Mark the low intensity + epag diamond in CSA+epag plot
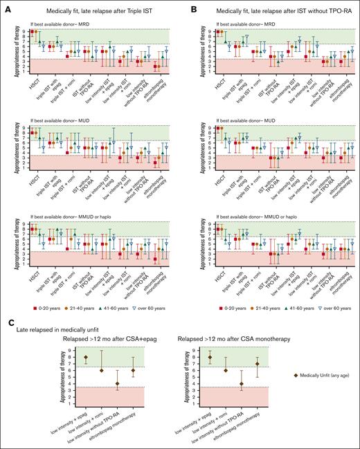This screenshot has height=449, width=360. (x=86, y=358)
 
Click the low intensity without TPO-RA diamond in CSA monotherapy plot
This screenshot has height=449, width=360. (x=240, y=384)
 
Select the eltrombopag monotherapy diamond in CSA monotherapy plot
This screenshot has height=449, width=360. (x=257, y=364)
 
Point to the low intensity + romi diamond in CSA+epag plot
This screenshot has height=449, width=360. (x=101, y=370)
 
